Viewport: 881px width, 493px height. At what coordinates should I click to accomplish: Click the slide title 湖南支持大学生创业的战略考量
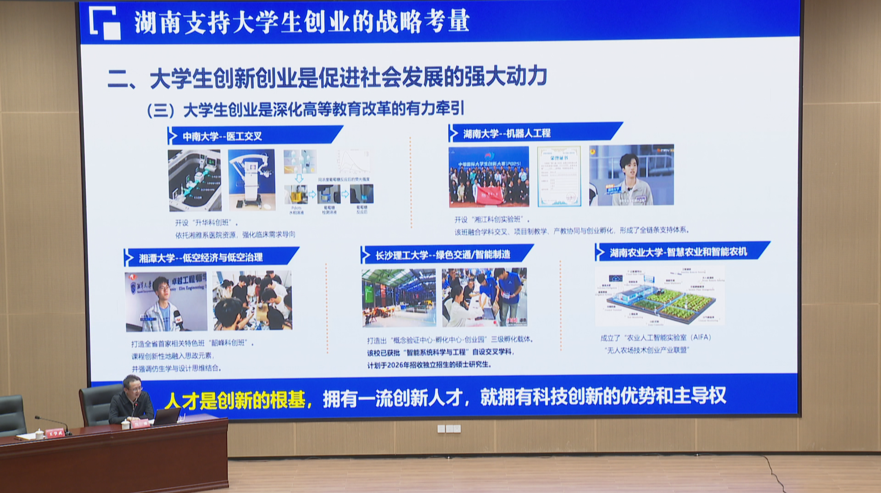coord(301,22)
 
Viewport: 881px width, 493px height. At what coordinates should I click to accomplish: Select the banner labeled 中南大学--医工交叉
coord(255,136)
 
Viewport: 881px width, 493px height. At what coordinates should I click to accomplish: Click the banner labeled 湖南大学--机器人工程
coord(535,133)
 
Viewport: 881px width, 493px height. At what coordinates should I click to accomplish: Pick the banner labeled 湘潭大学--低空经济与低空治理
coord(211,257)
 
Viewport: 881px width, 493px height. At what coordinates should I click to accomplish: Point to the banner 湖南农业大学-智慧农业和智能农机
coord(682,252)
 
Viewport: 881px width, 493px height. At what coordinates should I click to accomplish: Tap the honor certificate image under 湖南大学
coord(559,177)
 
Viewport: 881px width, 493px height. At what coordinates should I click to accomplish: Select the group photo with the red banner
coord(489,177)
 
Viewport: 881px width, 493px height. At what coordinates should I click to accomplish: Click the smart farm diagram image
coord(660,296)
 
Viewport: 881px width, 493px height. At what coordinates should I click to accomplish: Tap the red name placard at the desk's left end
coord(55,432)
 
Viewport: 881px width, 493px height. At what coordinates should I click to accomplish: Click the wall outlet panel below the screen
coord(449,429)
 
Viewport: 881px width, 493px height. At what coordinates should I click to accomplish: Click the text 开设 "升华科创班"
coord(206,222)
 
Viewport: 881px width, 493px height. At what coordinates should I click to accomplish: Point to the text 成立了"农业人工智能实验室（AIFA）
coord(656,338)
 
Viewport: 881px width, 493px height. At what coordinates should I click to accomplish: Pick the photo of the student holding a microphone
coord(166,301)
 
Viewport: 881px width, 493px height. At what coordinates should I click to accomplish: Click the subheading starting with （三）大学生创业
coord(305,109)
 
